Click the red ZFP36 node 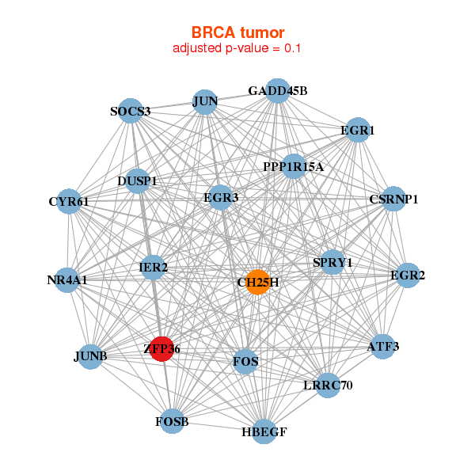(161, 348)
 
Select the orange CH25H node (257, 282)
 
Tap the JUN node (205, 101)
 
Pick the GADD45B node (277, 91)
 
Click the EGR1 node (357, 129)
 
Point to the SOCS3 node (131, 111)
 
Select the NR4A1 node (67, 279)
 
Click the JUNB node (90, 355)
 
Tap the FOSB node (172, 421)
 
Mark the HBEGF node (264, 431)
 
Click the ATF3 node (383, 346)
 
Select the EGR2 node (408, 275)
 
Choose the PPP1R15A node (294, 166)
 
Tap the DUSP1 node (138, 181)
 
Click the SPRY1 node (332, 262)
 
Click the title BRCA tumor (237, 32)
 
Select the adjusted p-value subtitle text (237, 48)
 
